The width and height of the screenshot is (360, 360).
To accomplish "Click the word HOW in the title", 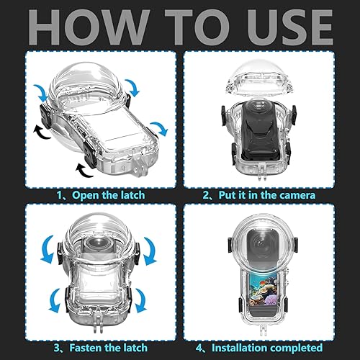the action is (88, 27).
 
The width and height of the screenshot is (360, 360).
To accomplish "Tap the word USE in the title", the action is (290, 27).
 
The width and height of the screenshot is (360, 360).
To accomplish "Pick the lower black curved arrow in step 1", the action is (84, 170).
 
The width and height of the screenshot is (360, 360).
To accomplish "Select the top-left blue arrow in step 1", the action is (41, 93).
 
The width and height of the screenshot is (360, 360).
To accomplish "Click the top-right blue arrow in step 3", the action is (150, 251).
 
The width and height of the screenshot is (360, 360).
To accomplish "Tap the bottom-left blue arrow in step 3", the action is (55, 300).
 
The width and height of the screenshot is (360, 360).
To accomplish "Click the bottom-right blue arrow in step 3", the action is (140, 300).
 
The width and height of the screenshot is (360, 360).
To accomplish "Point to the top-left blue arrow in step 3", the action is (48, 250).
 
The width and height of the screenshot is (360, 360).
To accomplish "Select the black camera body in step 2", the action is (260, 131).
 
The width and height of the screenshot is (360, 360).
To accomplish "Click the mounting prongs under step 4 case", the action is (263, 326).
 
